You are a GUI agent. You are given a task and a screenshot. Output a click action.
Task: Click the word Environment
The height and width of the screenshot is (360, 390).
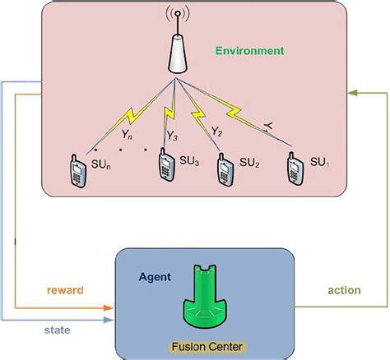(249, 50)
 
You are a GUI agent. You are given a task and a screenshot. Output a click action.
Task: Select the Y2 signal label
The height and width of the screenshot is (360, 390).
(216, 130)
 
